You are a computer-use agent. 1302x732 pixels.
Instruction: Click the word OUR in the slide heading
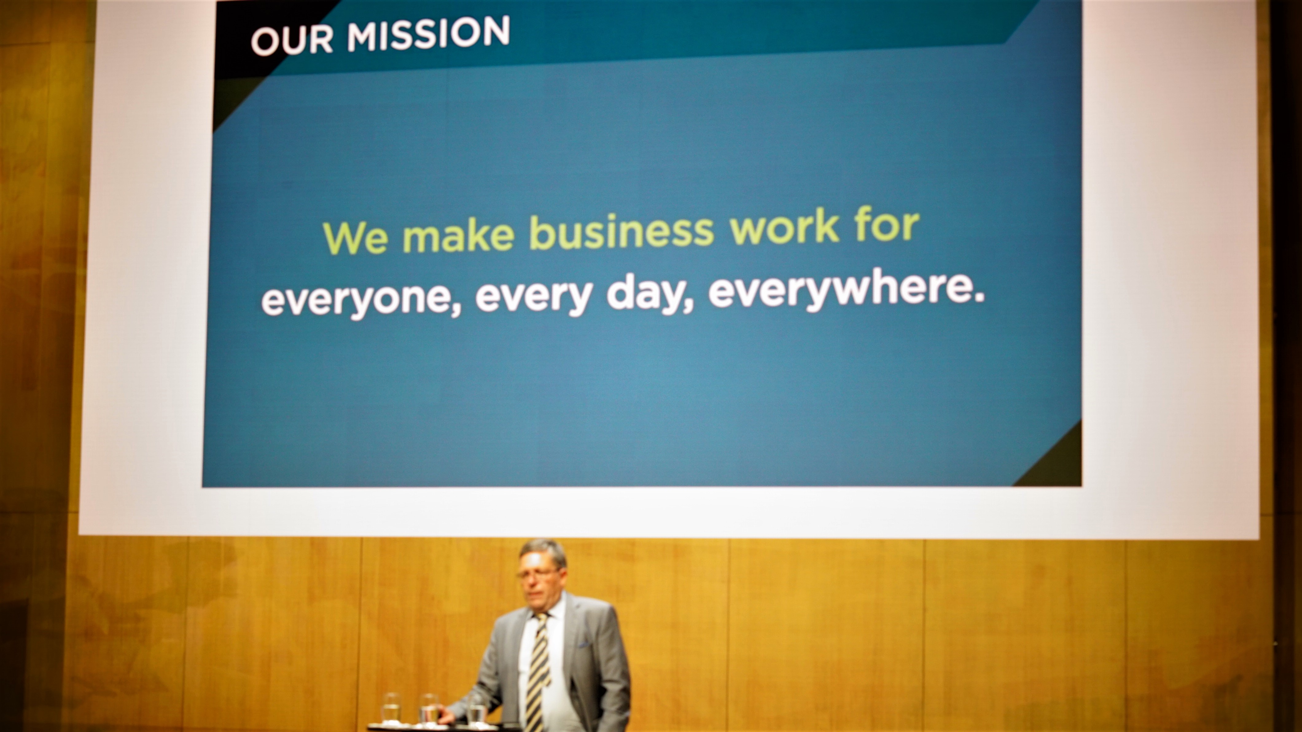292,41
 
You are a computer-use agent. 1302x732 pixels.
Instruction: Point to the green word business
621,231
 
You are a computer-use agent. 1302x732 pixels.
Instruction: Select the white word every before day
534,297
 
